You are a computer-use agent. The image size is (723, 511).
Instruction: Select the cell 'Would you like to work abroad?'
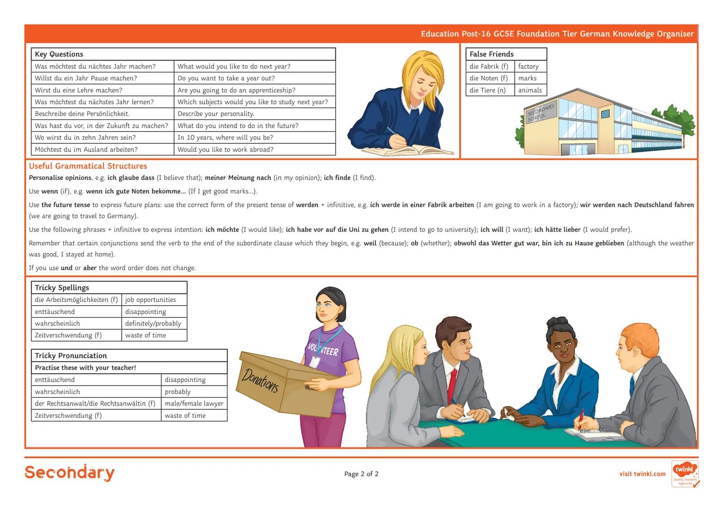[255, 150]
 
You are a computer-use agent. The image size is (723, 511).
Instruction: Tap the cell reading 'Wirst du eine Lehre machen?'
[103, 90]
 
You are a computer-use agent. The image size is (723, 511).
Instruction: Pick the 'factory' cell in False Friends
[530, 66]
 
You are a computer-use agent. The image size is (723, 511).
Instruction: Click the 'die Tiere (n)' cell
[490, 90]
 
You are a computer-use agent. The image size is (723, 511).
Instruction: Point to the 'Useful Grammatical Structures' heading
[88, 166]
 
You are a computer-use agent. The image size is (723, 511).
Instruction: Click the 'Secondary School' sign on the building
[541, 113]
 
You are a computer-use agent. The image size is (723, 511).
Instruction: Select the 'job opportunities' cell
[154, 300]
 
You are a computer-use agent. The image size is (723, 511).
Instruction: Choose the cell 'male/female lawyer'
[194, 403]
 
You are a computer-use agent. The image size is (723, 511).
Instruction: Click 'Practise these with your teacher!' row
[129, 368]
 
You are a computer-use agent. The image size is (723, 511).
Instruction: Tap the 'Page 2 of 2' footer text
[361, 474]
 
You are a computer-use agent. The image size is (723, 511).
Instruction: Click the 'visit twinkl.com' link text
[643, 474]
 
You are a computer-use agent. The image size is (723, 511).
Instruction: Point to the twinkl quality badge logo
[685, 474]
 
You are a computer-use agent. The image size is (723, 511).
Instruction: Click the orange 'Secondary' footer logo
[70, 473]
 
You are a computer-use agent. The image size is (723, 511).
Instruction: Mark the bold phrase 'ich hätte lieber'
[557, 229]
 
